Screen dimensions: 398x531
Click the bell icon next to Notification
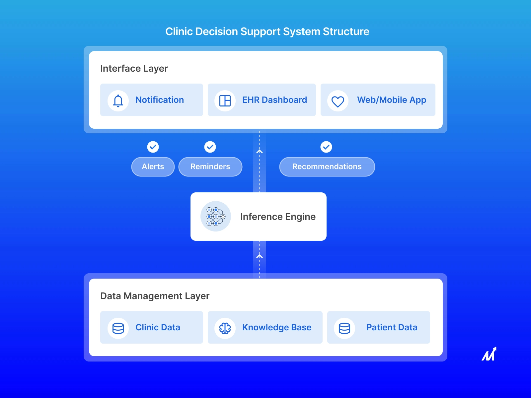(118, 100)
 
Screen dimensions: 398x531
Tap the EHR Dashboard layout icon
(225, 100)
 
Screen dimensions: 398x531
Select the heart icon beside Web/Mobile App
(338, 101)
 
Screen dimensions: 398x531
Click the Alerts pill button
(153, 166)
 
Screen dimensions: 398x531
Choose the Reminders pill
(210, 166)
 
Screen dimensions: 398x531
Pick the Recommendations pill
(327, 166)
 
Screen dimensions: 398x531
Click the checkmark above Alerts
(153, 147)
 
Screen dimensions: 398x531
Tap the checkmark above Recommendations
(326, 147)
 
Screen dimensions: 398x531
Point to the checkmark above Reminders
(210, 147)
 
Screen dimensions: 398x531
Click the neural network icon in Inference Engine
(216, 216)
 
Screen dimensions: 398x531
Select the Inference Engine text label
(278, 217)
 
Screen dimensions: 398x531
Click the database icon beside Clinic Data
(118, 328)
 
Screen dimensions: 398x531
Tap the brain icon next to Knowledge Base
(225, 328)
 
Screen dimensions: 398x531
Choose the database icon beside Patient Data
(344, 328)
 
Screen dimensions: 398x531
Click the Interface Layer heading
(134, 68)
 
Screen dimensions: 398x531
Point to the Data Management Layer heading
(155, 296)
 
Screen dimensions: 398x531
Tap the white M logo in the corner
(489, 354)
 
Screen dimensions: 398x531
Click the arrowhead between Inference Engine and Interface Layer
(260, 152)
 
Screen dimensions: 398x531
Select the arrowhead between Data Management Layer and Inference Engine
(260, 256)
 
